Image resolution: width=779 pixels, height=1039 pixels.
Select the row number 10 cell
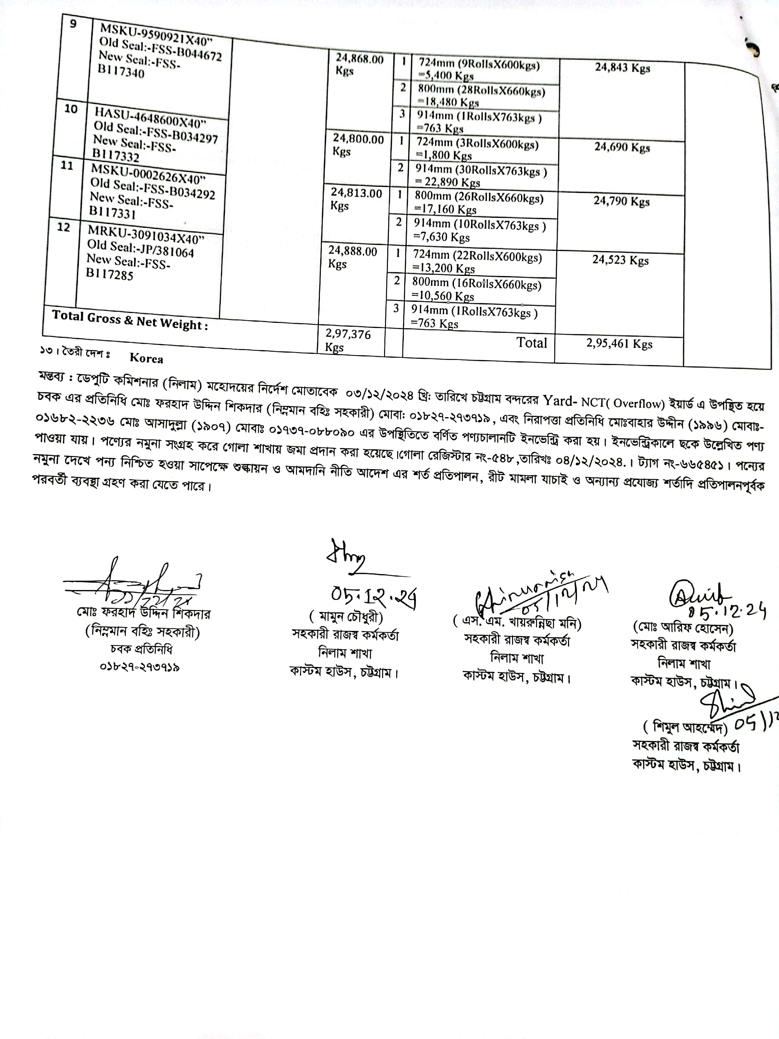pos(71,109)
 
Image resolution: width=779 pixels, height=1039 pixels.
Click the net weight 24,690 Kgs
pos(622,147)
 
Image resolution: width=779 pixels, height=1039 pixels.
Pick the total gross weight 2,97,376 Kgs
pos(348,340)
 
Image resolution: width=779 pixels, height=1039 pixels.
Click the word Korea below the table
pos(146,358)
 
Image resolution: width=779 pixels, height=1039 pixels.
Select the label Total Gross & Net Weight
pos(130,320)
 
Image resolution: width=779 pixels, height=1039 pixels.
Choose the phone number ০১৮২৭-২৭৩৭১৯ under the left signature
pos(140,667)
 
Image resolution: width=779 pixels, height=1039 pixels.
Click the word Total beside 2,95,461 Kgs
pos(532,342)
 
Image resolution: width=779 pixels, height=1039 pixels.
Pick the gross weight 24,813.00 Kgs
pos(356,199)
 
